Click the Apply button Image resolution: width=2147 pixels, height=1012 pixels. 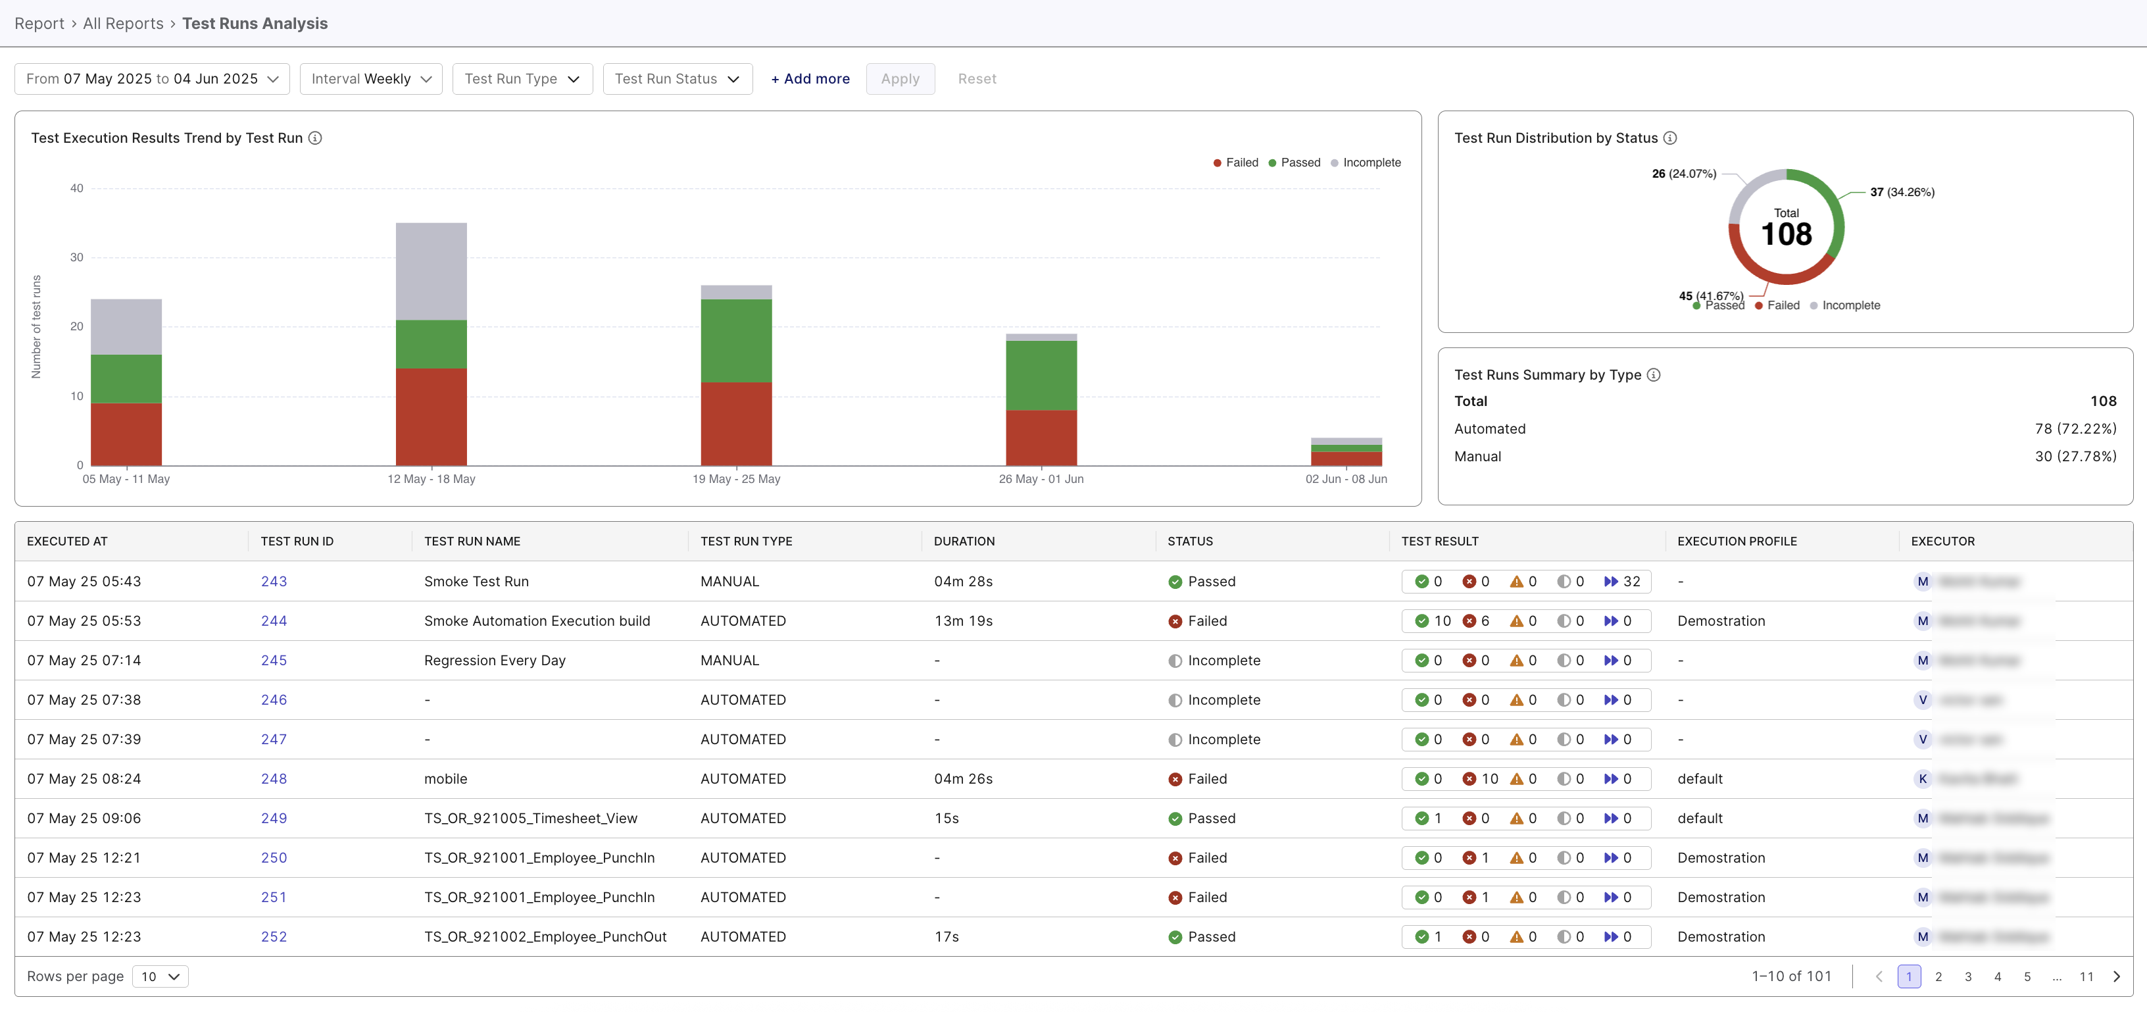899,79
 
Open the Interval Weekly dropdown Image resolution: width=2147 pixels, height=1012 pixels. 370,79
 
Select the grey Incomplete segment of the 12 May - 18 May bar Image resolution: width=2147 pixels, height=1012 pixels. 431,271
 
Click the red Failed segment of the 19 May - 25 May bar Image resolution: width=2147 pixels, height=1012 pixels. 736,424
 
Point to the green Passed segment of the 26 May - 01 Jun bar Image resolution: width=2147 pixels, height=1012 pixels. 1041,375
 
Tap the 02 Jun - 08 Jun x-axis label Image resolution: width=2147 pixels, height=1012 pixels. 1345,479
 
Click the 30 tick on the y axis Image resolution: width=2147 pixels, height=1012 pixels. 77,257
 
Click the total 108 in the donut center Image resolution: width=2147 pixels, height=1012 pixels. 1785,234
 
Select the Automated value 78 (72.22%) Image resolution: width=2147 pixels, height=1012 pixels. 2075,428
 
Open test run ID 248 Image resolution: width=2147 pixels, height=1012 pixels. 274,778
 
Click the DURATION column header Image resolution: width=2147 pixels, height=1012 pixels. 964,541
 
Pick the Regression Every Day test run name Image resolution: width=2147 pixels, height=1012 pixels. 494,660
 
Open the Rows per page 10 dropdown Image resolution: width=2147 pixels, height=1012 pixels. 160,976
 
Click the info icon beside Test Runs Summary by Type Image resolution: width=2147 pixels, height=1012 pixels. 1654,375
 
